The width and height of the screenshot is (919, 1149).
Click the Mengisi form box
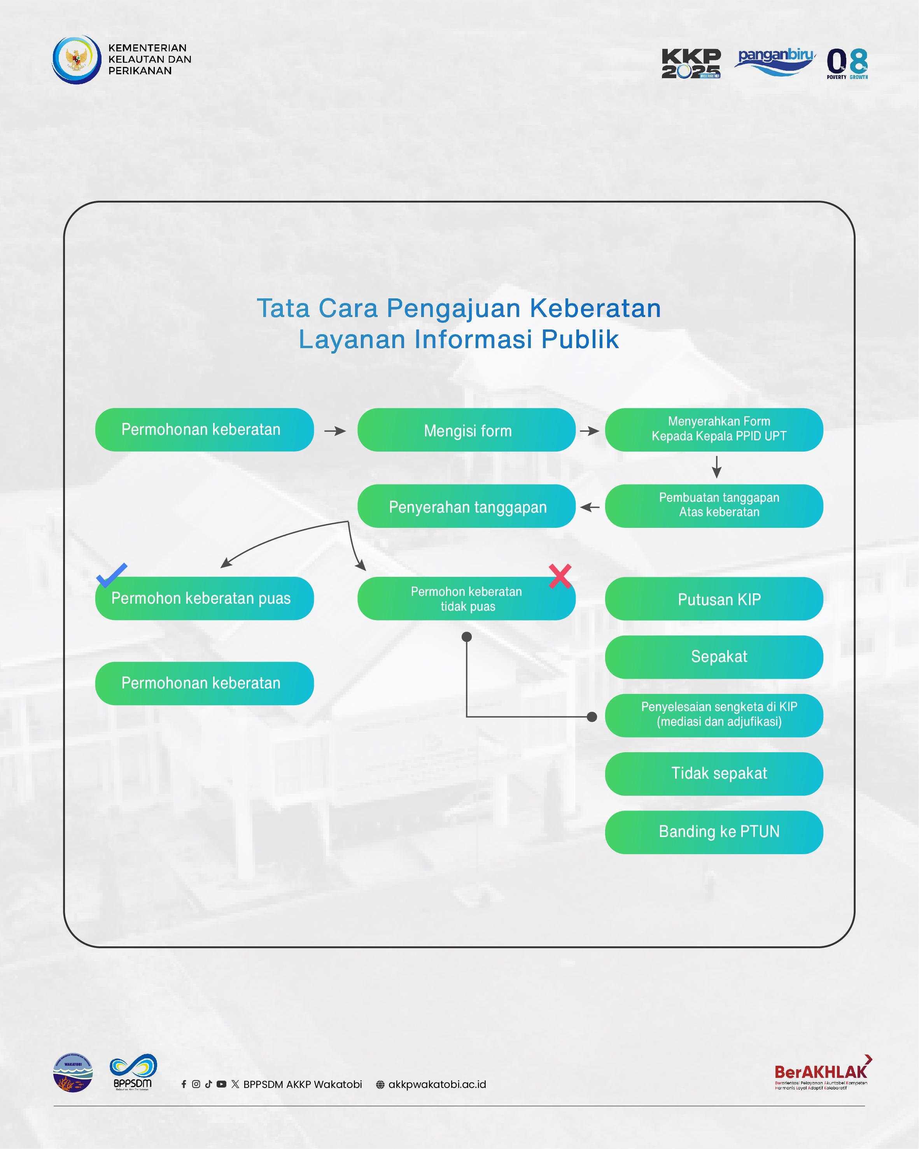click(x=466, y=430)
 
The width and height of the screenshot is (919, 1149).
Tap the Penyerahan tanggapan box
click(x=466, y=506)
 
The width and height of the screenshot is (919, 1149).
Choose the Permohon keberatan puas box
click(x=205, y=599)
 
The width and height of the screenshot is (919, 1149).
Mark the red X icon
click(x=560, y=576)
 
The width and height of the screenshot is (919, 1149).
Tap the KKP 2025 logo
click(x=691, y=63)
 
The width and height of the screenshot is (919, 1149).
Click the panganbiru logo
click(x=775, y=61)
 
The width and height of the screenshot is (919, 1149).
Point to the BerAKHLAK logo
click(x=821, y=1072)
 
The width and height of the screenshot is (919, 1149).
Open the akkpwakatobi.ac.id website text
click(x=437, y=1084)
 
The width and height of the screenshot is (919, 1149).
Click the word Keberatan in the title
click(x=595, y=308)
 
